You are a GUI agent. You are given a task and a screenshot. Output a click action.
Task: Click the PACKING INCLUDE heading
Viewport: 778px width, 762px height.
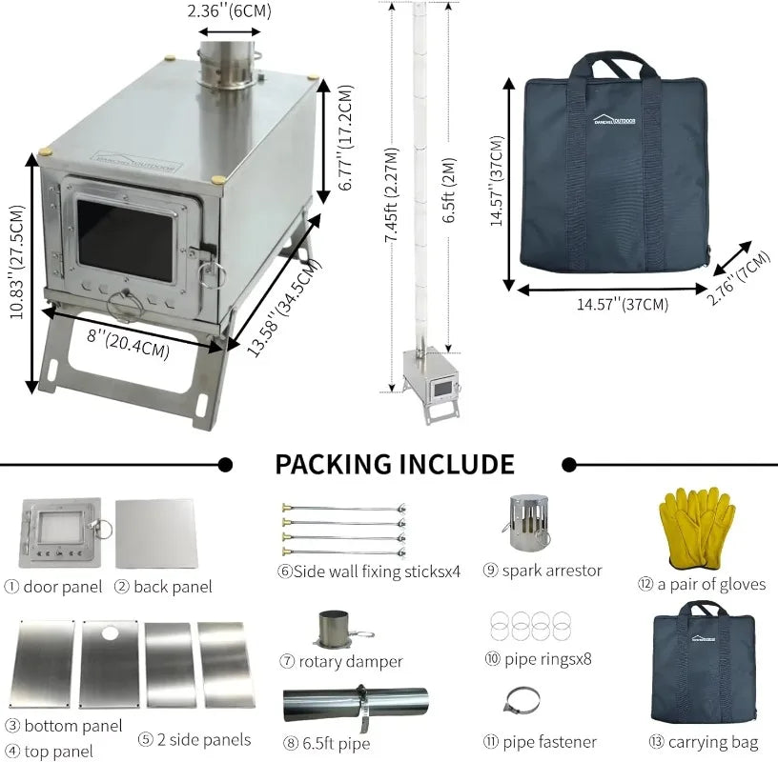point(395,464)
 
